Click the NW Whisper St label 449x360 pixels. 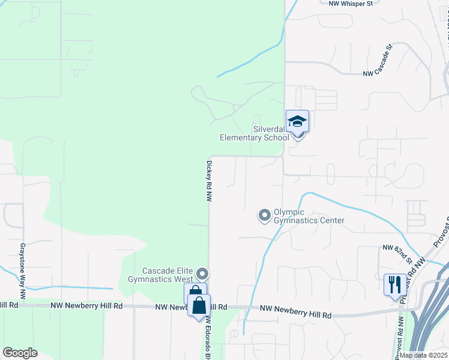click(x=351, y=3)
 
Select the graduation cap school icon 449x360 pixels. click(x=297, y=121)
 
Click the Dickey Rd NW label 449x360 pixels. click(x=209, y=181)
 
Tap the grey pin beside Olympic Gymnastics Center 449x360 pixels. click(x=264, y=215)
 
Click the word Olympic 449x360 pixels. click(x=289, y=212)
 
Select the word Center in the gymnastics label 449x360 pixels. click(x=332, y=220)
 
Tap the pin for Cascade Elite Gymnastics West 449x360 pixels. click(x=202, y=274)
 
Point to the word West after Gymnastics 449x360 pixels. click(x=183, y=279)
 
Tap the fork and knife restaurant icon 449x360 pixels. click(x=394, y=284)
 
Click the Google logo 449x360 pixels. click(x=20, y=353)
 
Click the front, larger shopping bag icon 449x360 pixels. click(x=199, y=305)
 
